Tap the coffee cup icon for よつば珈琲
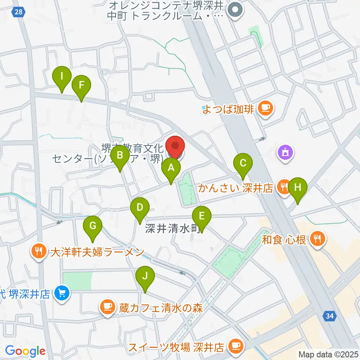pyautogui.click(x=266, y=109)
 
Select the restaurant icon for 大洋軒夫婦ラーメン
pyautogui.click(x=39, y=250)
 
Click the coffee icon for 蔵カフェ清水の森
pyautogui.click(x=108, y=308)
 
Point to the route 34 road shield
pyautogui.click(x=329, y=316)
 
